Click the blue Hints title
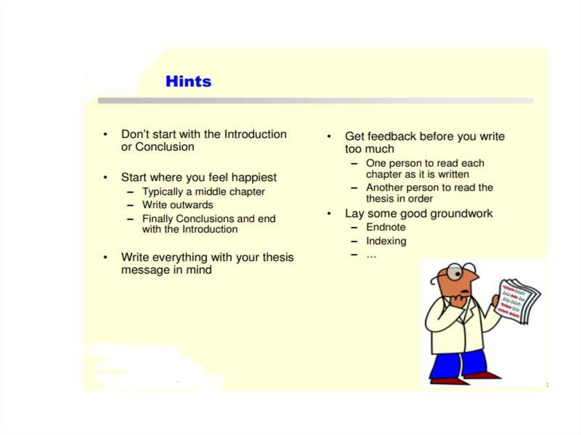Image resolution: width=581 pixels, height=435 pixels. click(x=188, y=82)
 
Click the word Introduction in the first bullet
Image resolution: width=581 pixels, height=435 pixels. click(x=255, y=134)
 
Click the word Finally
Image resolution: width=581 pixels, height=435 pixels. click(x=158, y=218)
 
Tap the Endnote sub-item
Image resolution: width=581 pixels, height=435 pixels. click(x=386, y=227)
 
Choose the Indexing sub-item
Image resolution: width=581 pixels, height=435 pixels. click(x=386, y=241)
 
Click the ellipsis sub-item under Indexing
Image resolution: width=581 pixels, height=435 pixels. click(x=371, y=255)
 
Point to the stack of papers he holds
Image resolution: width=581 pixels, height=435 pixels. click(x=517, y=301)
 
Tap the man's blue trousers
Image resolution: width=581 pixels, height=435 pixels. click(x=459, y=364)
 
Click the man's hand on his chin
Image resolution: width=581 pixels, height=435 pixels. click(x=457, y=301)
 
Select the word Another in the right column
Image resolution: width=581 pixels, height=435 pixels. click(x=385, y=188)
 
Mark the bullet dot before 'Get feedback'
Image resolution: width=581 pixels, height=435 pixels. click(x=329, y=137)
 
